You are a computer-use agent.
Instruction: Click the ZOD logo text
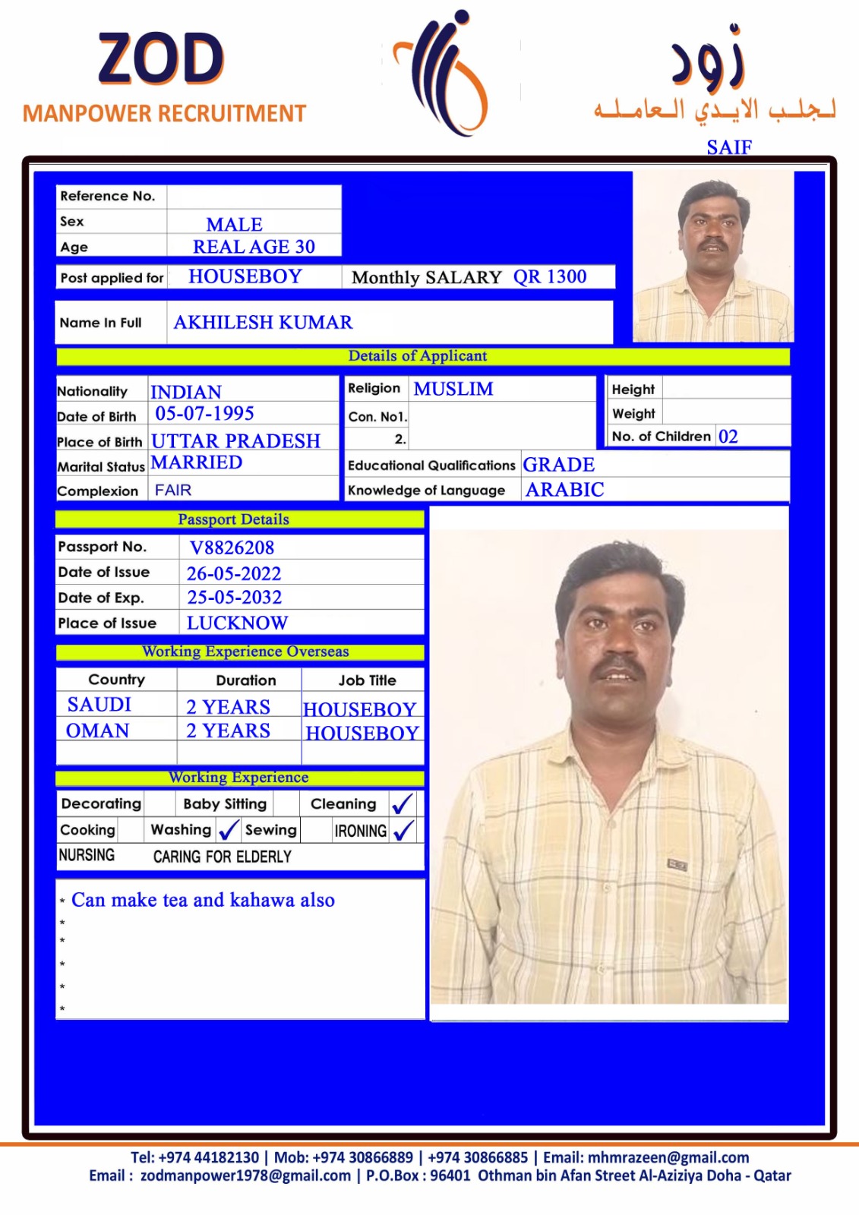pos(161,58)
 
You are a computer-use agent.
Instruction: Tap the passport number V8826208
pos(232,548)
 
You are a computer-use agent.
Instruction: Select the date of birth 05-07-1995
pos(204,414)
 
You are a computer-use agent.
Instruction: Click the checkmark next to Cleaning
pos(403,803)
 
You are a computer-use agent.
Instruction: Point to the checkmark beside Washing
pos(228,830)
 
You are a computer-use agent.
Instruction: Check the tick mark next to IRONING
pos(404,830)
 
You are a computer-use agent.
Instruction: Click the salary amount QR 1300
pos(550,276)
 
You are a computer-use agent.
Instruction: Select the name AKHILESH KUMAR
pos(263,323)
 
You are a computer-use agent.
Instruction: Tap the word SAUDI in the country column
pos(99,705)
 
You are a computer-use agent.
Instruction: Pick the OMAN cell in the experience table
pos(98,731)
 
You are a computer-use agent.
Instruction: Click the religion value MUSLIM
pos(453,389)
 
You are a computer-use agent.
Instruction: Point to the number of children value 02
pos(728,437)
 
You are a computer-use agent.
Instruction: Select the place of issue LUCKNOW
pos(237,623)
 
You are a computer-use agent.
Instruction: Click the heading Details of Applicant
pos(418,356)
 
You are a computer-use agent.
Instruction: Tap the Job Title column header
pos(367,680)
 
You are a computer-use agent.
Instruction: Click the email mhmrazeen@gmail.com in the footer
pos(668,1157)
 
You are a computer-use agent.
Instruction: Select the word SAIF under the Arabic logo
pos(729,147)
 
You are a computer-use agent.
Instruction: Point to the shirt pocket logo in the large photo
pos(677,864)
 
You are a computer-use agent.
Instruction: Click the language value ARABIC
pos(565,490)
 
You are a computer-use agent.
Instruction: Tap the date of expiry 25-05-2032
pos(235,598)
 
